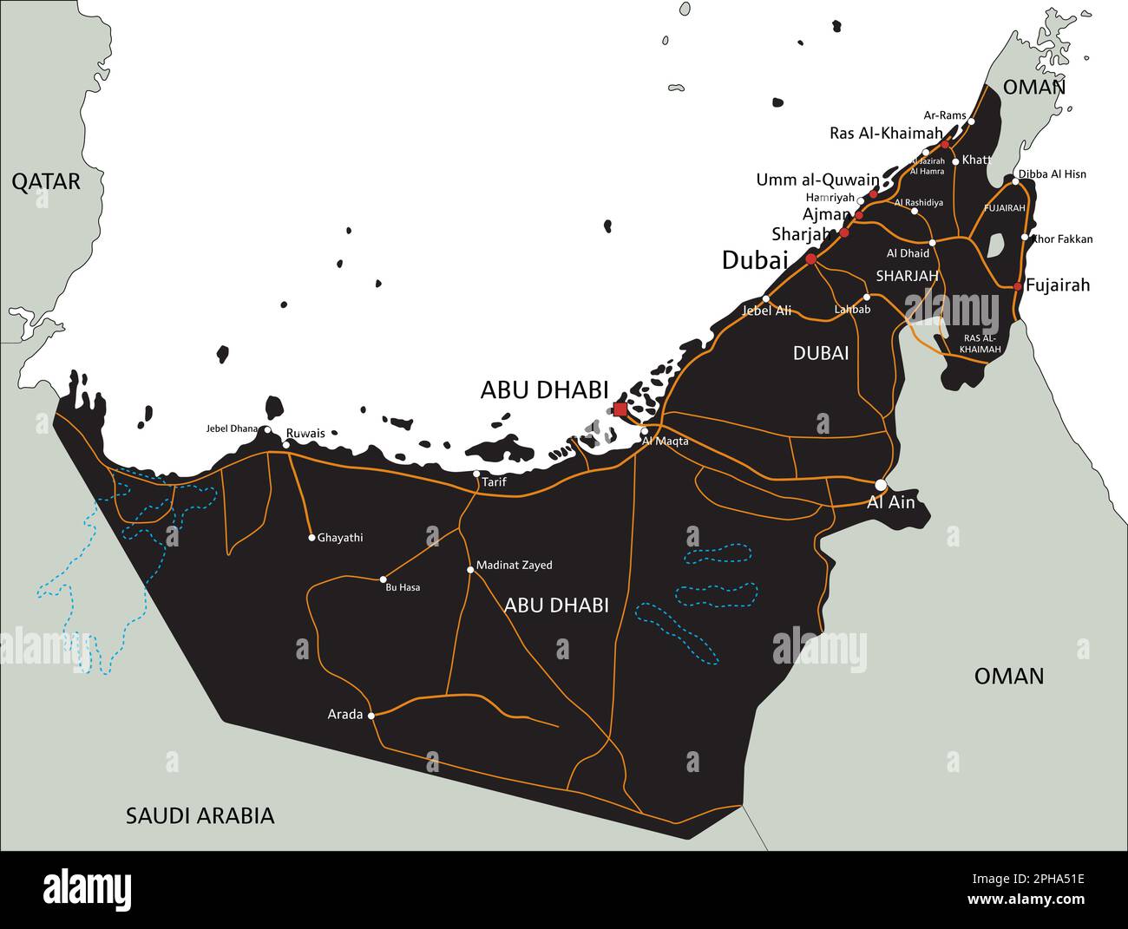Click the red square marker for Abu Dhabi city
(620, 409)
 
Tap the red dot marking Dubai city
(810, 258)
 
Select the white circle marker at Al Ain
(881, 484)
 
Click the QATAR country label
(46, 181)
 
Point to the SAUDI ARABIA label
(200, 815)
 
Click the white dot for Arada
(371, 716)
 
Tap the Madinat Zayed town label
(514, 566)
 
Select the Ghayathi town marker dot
(312, 538)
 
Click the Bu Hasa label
(403, 588)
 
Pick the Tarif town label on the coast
(494, 482)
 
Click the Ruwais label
(305, 433)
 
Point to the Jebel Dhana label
(232, 429)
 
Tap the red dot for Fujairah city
(1018, 285)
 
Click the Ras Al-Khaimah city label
(885, 133)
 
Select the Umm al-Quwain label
(816, 180)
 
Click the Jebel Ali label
(767, 311)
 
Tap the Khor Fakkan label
(1062, 239)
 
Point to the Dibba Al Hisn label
(1053, 174)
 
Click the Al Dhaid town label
(908, 254)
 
